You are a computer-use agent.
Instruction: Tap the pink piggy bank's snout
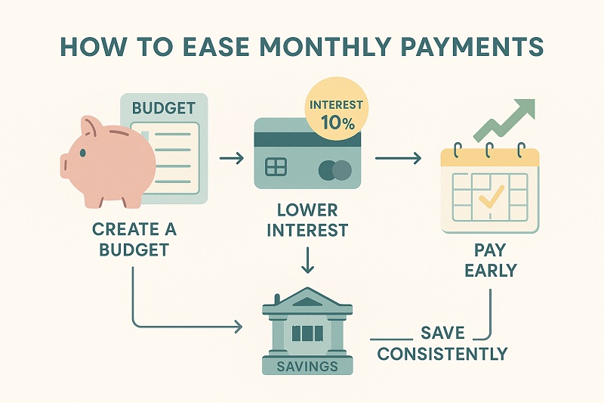coord(67,160)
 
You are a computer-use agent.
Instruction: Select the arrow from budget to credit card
coord(230,160)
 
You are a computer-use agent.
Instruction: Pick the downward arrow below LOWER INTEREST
coord(307,262)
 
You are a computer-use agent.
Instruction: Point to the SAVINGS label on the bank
coord(307,365)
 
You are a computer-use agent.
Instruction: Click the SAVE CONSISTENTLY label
coord(442,343)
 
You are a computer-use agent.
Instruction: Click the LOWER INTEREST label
coord(307,219)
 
